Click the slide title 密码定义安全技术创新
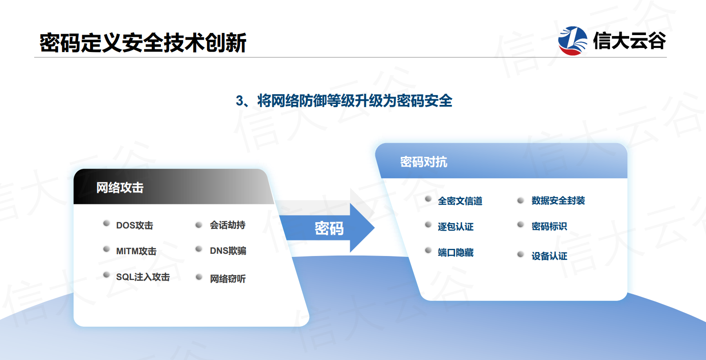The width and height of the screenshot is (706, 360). (x=143, y=43)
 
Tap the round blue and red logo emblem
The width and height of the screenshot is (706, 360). (x=572, y=41)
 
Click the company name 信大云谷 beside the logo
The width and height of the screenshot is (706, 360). (x=629, y=41)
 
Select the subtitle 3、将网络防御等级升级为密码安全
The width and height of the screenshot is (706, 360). (x=344, y=101)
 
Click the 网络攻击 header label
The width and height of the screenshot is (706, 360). (x=120, y=188)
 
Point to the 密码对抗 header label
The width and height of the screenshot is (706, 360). (x=423, y=162)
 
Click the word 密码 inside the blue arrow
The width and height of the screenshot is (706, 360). (x=329, y=228)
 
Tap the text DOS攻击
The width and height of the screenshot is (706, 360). (x=135, y=225)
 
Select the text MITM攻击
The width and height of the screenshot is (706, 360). (x=136, y=251)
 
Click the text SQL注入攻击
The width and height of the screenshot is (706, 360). (x=143, y=277)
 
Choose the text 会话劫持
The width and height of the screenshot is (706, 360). (x=227, y=225)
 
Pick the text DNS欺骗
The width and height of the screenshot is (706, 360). (x=228, y=251)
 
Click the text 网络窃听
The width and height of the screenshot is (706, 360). (x=227, y=279)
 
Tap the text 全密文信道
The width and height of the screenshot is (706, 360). (x=460, y=201)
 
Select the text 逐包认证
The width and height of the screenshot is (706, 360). (x=456, y=227)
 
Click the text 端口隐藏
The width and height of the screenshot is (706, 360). (x=456, y=252)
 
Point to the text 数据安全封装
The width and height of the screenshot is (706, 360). (x=558, y=200)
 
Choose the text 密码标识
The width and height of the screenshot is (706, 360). (x=549, y=226)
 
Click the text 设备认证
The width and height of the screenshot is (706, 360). (x=549, y=256)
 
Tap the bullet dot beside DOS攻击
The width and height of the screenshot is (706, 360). (x=107, y=224)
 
